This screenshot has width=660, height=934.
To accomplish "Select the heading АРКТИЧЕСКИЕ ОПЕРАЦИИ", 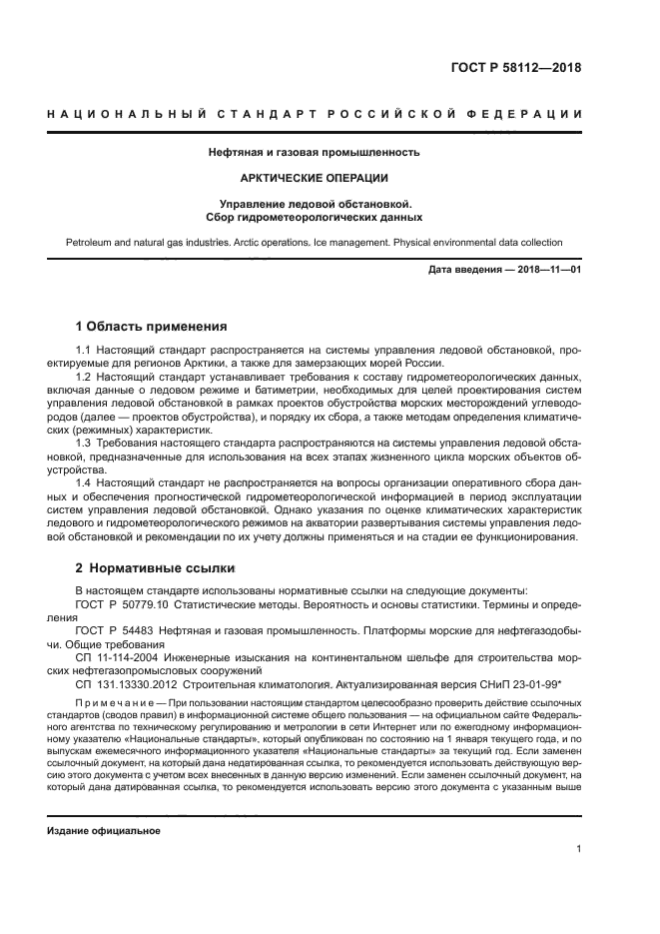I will point(314,178).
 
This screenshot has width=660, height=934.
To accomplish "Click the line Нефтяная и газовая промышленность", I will point(314,153).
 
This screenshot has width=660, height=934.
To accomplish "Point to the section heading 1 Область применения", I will point(152,326).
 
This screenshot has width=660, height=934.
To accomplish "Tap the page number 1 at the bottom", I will point(579,849).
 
